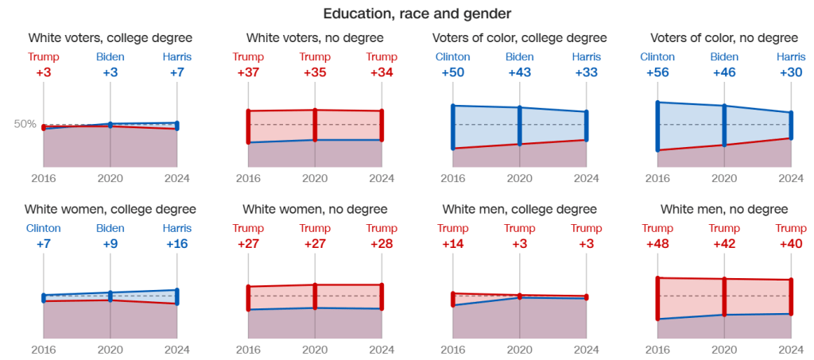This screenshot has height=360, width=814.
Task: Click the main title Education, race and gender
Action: pyautogui.click(x=406, y=14)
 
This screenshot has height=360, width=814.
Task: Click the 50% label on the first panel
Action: pyautogui.click(x=25, y=124)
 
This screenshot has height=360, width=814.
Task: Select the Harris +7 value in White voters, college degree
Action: pyautogui.click(x=176, y=72)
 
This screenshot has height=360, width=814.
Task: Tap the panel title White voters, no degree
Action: pyautogui.click(x=315, y=37)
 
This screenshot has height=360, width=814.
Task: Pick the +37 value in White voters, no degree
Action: pyautogui.click(x=249, y=72)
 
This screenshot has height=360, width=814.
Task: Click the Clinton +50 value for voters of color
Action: pyautogui.click(x=453, y=72)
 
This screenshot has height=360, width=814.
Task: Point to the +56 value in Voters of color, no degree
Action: pyautogui.click(x=657, y=72)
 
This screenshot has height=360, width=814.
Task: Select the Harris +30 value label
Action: pyautogui.click(x=792, y=72)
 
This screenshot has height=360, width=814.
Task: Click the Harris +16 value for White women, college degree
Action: pyautogui.click(x=176, y=244)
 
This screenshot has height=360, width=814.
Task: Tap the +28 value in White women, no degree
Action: pyautogui.click(x=382, y=244)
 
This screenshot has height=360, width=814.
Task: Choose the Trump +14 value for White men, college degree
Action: pyautogui.click(x=453, y=244)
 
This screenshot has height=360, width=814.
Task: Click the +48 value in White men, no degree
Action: pyautogui.click(x=657, y=244)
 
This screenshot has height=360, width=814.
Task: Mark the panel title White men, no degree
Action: pyautogui.click(x=724, y=210)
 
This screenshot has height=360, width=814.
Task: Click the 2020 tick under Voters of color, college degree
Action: pyautogui.click(x=520, y=178)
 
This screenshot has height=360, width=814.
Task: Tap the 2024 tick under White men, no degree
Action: pyautogui.click(x=792, y=349)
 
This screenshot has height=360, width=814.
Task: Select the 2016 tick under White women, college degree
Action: pyautogui.click(x=44, y=349)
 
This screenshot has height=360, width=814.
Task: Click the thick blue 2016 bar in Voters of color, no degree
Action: pyautogui.click(x=657, y=126)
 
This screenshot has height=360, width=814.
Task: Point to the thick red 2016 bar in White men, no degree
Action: pyautogui.click(x=657, y=298)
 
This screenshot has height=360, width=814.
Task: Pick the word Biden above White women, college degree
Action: pyautogui.click(x=110, y=228)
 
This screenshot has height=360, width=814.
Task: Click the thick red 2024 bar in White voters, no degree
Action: pyautogui.click(x=382, y=126)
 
